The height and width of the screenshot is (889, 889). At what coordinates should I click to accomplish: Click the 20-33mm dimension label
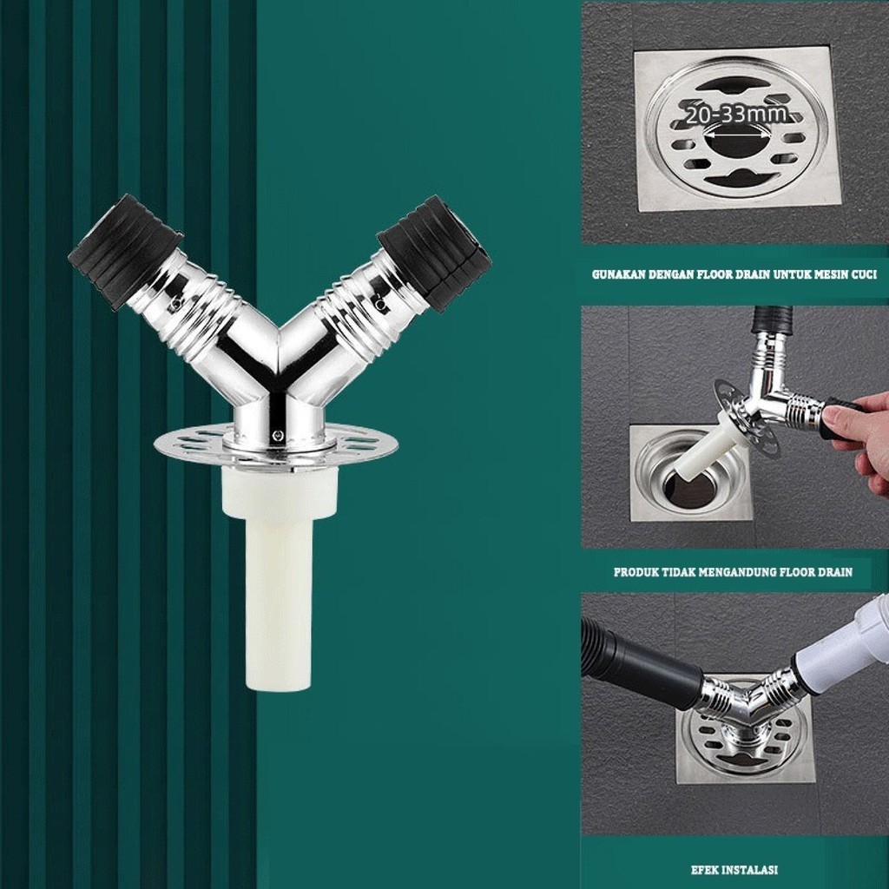click(x=736, y=115)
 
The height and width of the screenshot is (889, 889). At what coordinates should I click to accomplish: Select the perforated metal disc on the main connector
click(x=276, y=444)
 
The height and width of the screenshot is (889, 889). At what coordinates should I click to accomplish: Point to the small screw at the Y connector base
click(x=277, y=435)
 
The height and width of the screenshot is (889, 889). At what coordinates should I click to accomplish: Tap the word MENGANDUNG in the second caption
click(x=736, y=572)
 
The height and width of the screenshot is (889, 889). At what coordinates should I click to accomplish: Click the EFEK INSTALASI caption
click(x=734, y=870)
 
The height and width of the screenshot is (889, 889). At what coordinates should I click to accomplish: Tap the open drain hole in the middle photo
click(x=680, y=490)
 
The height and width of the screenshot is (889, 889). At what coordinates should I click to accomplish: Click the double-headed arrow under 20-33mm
click(x=736, y=135)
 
